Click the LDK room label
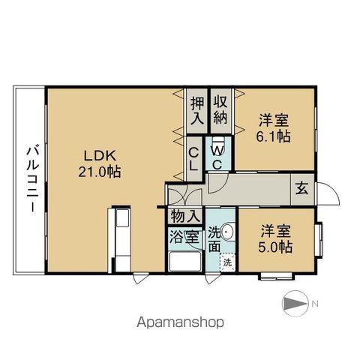click(x=98, y=155)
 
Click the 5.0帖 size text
click(x=275, y=246)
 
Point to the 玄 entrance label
click(x=301, y=187)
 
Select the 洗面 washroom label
click(x=216, y=238)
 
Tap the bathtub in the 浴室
click(x=184, y=263)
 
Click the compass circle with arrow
click(x=294, y=304)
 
